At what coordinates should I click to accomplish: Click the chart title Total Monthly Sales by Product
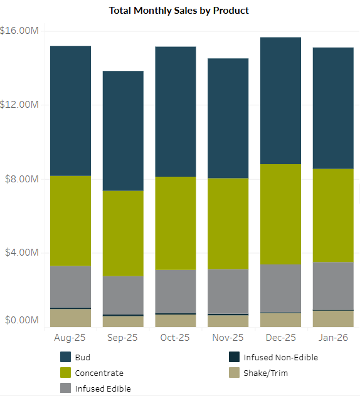tap(179, 11)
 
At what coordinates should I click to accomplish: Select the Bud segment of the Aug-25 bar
tap(70, 111)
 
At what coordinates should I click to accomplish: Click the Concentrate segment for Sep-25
tap(123, 233)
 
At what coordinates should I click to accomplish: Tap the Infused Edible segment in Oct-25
tap(176, 291)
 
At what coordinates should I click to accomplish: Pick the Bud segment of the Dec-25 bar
tap(281, 100)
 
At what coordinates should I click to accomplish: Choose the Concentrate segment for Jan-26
tap(333, 215)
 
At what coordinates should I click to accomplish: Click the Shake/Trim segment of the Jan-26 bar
tap(333, 318)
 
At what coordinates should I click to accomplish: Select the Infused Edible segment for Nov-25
tap(228, 291)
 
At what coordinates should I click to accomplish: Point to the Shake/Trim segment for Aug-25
tap(70, 318)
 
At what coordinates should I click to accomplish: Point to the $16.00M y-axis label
tap(20, 31)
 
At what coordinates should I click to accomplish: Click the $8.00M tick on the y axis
tap(22, 179)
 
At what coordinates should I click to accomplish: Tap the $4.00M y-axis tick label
tap(22, 253)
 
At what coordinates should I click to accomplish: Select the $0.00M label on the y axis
tap(22, 320)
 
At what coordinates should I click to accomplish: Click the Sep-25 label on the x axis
tap(123, 337)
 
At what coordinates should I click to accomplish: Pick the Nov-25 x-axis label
tap(228, 337)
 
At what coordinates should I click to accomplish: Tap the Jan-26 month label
tap(333, 337)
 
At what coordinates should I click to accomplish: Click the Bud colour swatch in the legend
tap(66, 357)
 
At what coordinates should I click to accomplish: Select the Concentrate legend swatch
tap(66, 373)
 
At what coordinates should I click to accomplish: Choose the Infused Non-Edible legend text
tap(281, 357)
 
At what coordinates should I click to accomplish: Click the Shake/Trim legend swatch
tap(234, 373)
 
